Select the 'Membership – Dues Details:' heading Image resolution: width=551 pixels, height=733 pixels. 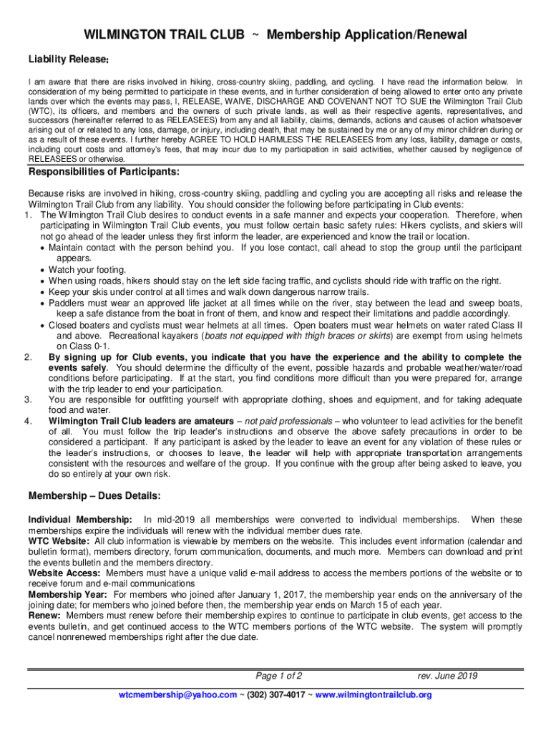[x=94, y=495]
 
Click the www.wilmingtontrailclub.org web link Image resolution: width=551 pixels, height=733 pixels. [x=374, y=695]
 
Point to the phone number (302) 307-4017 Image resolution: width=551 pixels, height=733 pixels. [x=275, y=695]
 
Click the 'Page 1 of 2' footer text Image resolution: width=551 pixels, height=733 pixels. [x=279, y=676]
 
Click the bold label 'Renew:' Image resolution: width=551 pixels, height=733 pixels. [x=44, y=616]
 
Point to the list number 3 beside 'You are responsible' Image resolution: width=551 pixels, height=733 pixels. [x=28, y=399]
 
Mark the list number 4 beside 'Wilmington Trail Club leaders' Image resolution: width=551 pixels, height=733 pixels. [x=28, y=421]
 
